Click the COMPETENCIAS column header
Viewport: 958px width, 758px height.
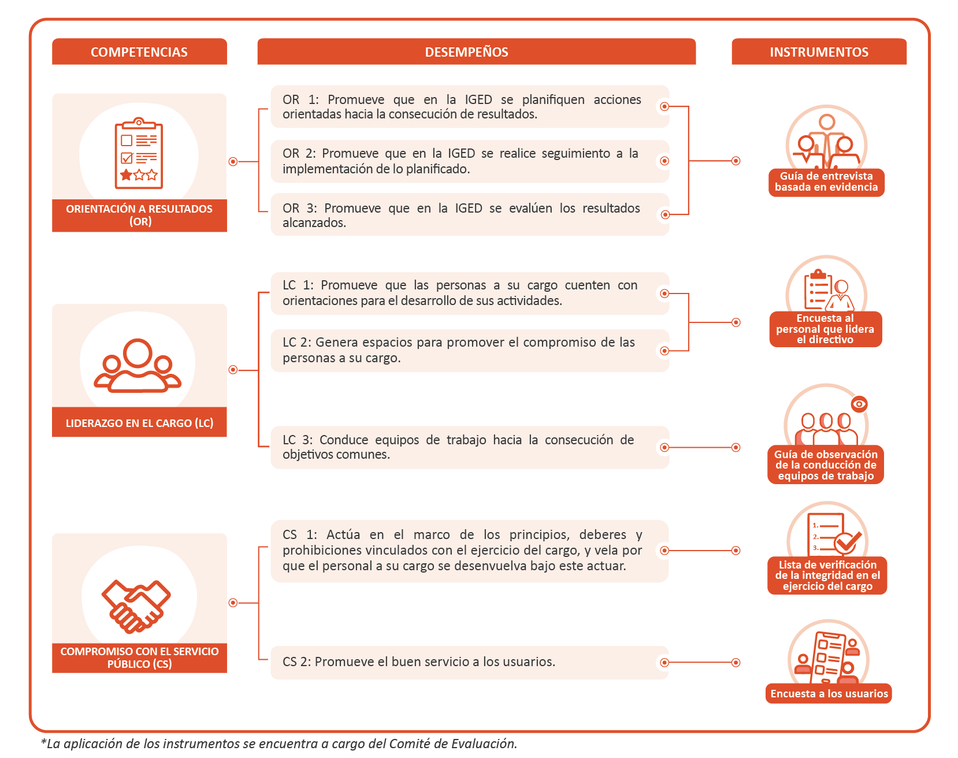pos(139,52)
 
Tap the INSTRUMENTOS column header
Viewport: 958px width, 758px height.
pos(819,52)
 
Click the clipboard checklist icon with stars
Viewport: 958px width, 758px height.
pos(139,154)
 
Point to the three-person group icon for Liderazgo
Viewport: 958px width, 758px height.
pos(138,365)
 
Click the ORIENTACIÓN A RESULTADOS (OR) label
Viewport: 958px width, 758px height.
pos(139,215)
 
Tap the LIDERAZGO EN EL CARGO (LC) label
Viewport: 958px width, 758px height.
pos(139,423)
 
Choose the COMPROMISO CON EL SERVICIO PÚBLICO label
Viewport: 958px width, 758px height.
pos(139,657)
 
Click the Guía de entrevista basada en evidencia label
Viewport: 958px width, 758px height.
pos(826,182)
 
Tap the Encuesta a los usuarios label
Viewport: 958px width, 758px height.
pos(829,693)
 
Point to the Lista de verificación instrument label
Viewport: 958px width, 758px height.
pos(827,575)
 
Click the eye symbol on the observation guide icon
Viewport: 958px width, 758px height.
pos(859,404)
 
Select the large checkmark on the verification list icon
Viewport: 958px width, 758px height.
pos(848,542)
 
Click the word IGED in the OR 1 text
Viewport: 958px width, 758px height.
pos(478,99)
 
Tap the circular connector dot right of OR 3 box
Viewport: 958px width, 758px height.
pos(665,214)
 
